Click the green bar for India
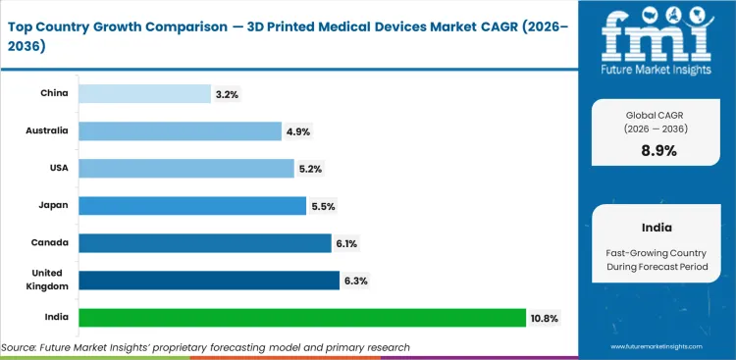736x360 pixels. coord(301,318)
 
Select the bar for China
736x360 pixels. coord(144,94)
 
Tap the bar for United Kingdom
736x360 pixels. coord(208,281)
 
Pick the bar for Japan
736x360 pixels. coord(191,206)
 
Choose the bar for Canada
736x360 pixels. coord(204,243)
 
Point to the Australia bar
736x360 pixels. coord(180,131)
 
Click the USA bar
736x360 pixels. coord(185,169)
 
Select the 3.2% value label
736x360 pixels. coord(227,94)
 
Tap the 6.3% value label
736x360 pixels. coord(355,281)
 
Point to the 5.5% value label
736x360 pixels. coord(322,206)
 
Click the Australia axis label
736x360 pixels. coord(47,131)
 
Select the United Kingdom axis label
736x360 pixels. coord(46,281)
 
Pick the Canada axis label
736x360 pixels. coord(51,243)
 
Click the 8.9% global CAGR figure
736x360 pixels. coord(657,151)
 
